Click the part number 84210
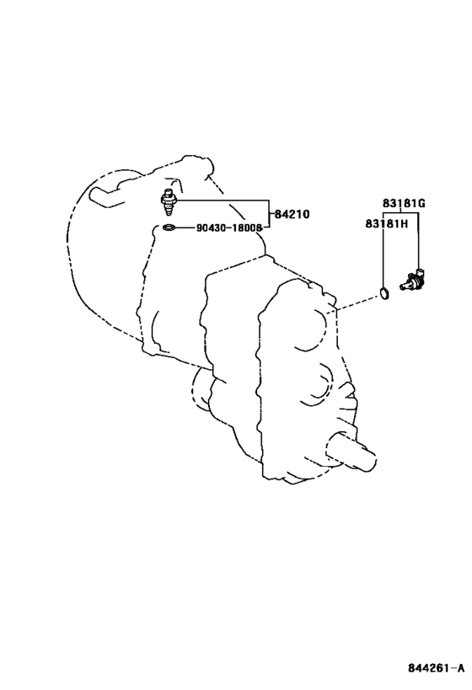(x=292, y=215)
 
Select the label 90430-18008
(x=229, y=228)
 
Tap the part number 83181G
(x=404, y=203)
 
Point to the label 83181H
(x=387, y=224)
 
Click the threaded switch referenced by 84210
(x=168, y=202)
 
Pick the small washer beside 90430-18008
(x=169, y=228)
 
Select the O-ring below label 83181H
(x=384, y=292)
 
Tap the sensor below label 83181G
(x=412, y=281)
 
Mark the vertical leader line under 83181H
(x=383, y=259)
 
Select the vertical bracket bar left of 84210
(x=268, y=214)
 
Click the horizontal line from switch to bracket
(x=221, y=201)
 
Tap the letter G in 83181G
(x=421, y=203)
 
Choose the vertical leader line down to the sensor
(x=418, y=241)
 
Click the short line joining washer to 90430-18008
(x=185, y=228)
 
